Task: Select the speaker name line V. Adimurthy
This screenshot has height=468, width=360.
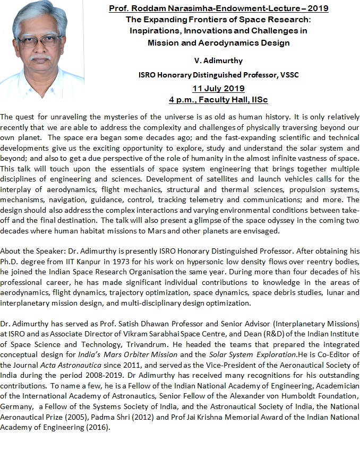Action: tap(218, 61)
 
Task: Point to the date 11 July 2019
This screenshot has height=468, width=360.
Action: tap(218, 88)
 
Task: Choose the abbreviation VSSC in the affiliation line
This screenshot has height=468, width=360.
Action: tap(288, 75)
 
